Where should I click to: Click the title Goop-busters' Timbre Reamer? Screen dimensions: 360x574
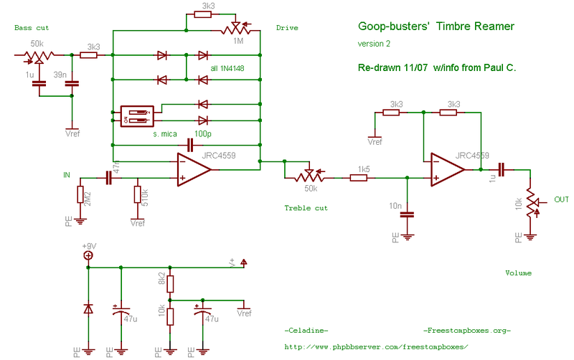436,27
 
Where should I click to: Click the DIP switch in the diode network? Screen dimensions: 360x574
136,116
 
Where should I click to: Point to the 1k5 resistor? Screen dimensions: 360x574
359,176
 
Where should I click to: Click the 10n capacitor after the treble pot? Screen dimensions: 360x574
408,213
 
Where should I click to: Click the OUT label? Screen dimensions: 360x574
561,200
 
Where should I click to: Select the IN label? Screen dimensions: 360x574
67,175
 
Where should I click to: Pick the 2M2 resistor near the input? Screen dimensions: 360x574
80,194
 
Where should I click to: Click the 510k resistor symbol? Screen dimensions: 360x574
136,194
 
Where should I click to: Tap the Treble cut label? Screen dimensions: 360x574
306,208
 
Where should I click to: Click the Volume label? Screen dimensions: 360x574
518,273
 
